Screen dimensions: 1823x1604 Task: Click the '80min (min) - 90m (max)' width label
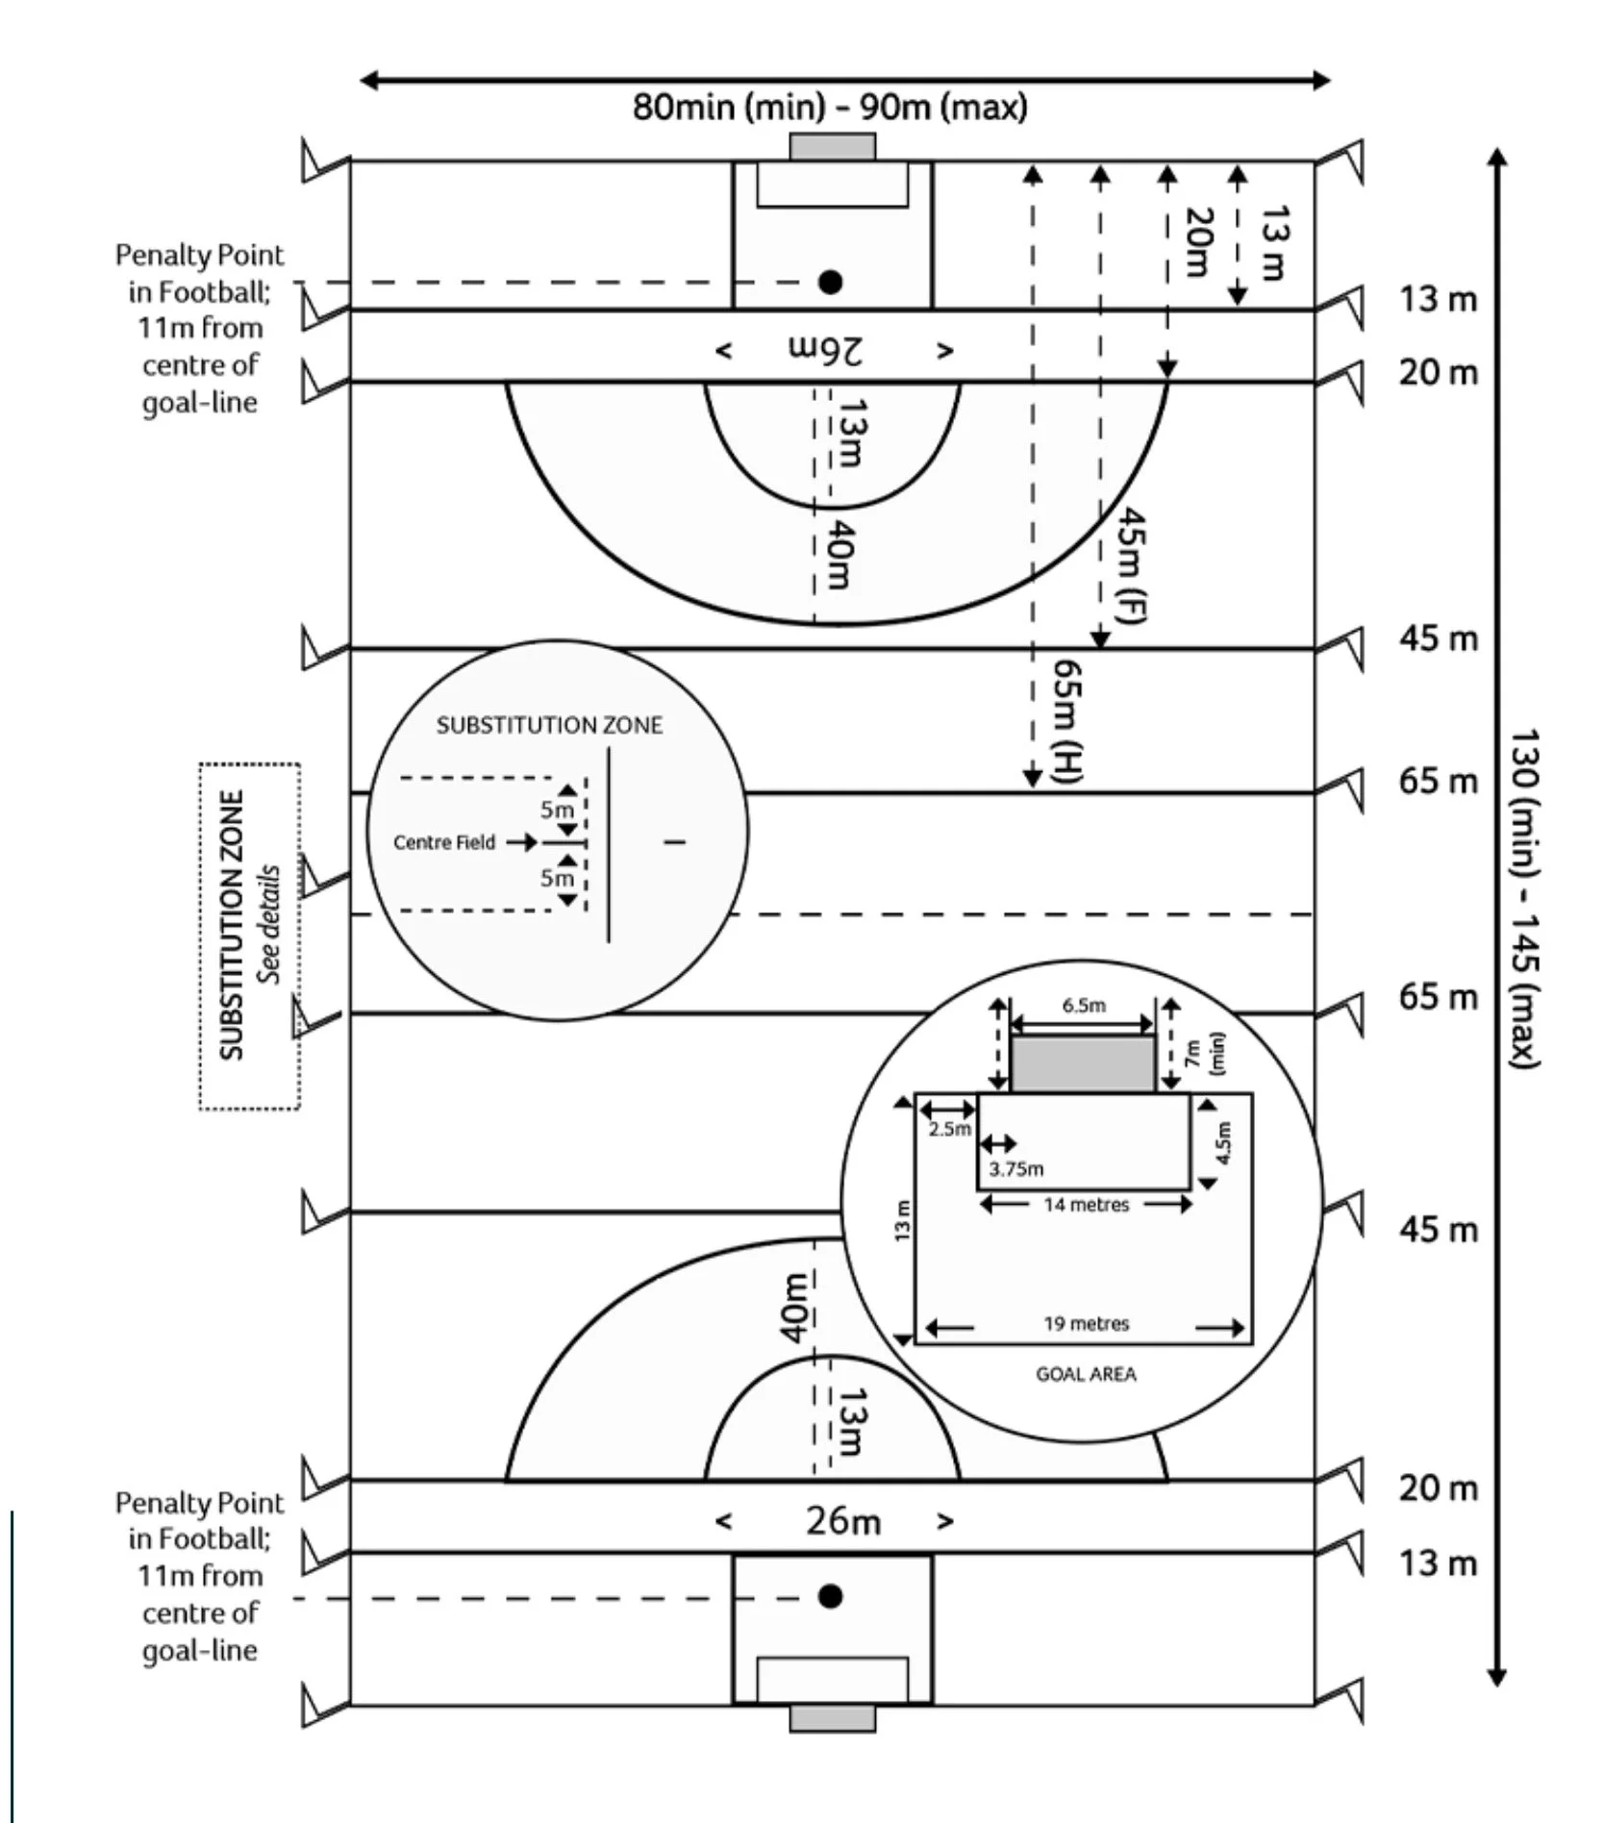click(830, 107)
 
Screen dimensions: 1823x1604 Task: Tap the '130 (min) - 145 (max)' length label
click(1524, 898)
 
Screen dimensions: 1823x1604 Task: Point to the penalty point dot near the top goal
click(831, 282)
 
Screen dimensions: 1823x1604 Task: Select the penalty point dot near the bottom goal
click(831, 1596)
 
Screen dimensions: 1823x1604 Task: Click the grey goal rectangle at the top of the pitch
click(833, 146)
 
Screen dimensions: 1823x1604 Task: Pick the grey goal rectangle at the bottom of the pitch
click(833, 1718)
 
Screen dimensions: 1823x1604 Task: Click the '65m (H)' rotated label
click(1067, 719)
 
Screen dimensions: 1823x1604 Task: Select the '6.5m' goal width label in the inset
click(1084, 1006)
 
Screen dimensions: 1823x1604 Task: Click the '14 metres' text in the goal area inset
click(1087, 1205)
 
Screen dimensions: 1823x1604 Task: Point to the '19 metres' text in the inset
click(1087, 1324)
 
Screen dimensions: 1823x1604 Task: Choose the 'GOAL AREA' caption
click(1086, 1375)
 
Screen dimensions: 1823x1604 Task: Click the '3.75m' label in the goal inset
click(1016, 1169)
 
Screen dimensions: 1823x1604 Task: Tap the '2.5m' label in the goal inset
click(949, 1129)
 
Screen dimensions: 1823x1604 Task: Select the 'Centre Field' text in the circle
click(444, 842)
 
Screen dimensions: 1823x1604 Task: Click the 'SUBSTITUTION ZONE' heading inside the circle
click(549, 725)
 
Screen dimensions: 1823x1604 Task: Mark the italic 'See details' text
click(268, 924)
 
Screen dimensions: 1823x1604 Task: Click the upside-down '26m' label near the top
click(826, 350)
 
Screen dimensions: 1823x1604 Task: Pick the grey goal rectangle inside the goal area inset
click(1083, 1063)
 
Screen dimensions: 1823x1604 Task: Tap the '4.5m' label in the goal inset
click(1223, 1143)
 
